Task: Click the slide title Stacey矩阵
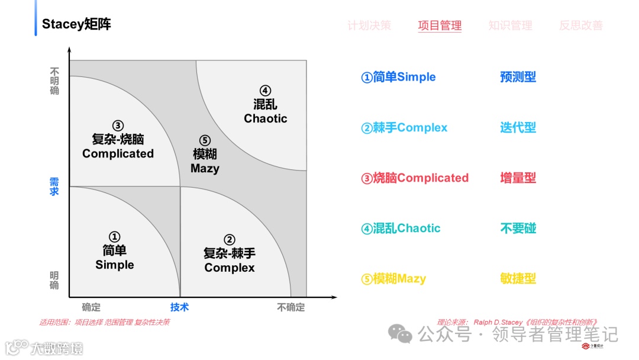[x=76, y=24]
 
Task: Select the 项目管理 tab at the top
[x=440, y=25]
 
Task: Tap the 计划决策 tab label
[x=369, y=25]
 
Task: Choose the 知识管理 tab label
[x=510, y=25]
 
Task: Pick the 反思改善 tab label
[x=581, y=25]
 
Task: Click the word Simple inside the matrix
[x=115, y=265]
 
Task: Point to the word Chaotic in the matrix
[x=265, y=118]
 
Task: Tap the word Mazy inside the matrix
[x=205, y=168]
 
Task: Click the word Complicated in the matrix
[x=118, y=153]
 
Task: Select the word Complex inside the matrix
[x=230, y=268]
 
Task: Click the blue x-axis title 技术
[x=179, y=307]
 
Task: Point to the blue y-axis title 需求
[x=54, y=186]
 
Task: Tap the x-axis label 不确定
[x=291, y=307]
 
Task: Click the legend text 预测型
[x=518, y=77]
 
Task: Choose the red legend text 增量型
[x=518, y=178]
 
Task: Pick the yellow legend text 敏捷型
[x=518, y=278]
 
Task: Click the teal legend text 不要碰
[x=518, y=228]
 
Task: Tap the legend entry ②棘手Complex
[x=404, y=127]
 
